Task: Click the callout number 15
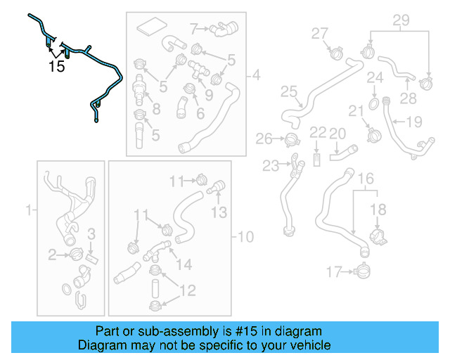(x=56, y=67)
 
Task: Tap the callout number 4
(x=255, y=75)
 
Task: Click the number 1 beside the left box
(x=29, y=209)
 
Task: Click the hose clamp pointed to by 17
(x=363, y=269)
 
